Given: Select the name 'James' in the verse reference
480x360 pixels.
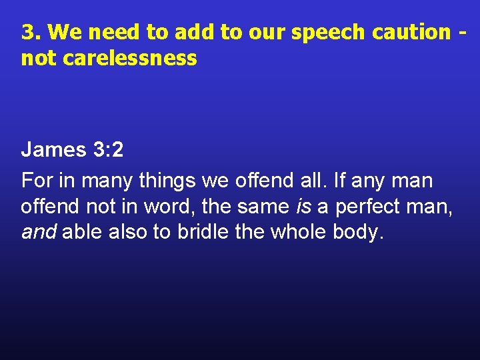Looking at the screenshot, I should (x=49, y=149).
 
